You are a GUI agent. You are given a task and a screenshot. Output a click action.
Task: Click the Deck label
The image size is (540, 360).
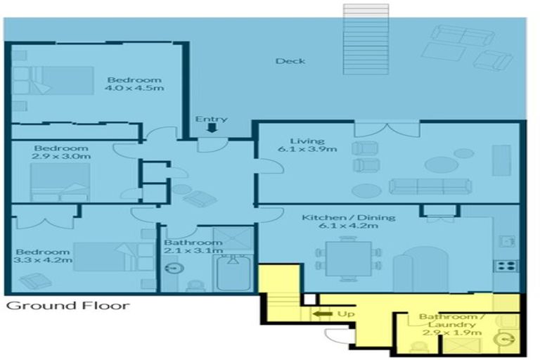click(290, 61)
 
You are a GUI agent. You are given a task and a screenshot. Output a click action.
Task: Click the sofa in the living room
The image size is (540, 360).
click(430, 186)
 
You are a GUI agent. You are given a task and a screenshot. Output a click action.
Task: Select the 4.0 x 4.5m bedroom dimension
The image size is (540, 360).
click(134, 89)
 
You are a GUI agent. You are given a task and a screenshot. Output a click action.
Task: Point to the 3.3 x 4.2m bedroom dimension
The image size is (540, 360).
click(43, 261)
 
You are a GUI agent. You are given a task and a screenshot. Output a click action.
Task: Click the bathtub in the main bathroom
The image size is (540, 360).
click(233, 276)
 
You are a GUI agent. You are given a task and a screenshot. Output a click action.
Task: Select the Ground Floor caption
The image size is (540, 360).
click(67, 306)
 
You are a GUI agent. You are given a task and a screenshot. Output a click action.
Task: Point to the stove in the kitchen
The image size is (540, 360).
click(506, 266)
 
